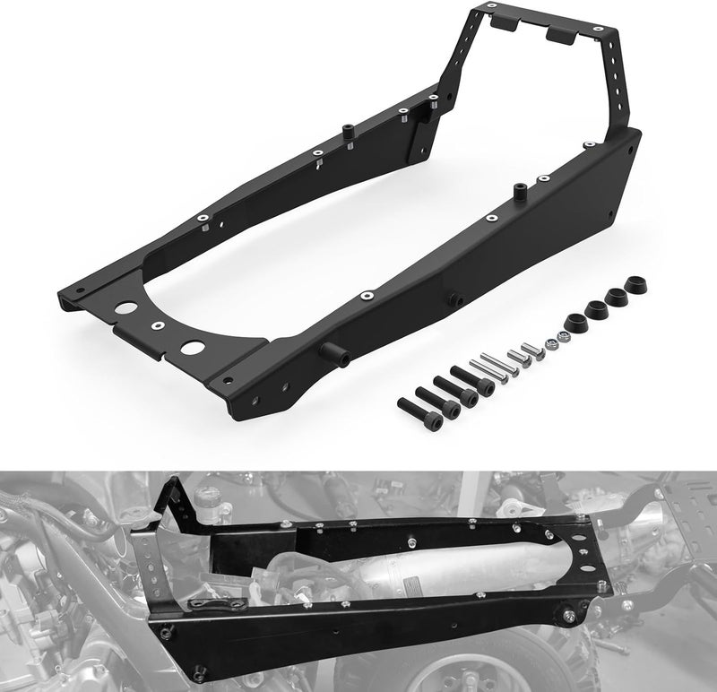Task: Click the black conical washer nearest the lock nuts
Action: coord(574,320)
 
